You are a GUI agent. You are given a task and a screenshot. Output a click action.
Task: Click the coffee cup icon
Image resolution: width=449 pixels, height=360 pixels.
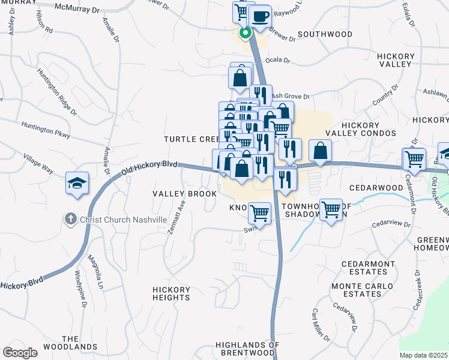coord(261,17)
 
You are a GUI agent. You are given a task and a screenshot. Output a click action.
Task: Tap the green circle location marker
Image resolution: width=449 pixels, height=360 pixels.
coord(245,34)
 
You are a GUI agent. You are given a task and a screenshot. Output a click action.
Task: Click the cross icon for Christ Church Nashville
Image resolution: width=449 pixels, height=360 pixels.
coord(71,220)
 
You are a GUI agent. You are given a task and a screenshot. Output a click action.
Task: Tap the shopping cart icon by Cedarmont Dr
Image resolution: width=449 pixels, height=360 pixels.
coord(414,159)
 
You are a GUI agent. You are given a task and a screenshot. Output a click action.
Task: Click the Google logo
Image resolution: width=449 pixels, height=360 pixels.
coord(20,353)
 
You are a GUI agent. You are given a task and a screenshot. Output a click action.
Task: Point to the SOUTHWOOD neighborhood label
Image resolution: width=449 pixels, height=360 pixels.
coord(325,34)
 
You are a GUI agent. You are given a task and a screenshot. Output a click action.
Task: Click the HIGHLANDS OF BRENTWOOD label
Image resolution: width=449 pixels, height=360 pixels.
coord(248,349)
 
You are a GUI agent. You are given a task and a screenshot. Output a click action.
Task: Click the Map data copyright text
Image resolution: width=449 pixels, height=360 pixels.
coord(424,355)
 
